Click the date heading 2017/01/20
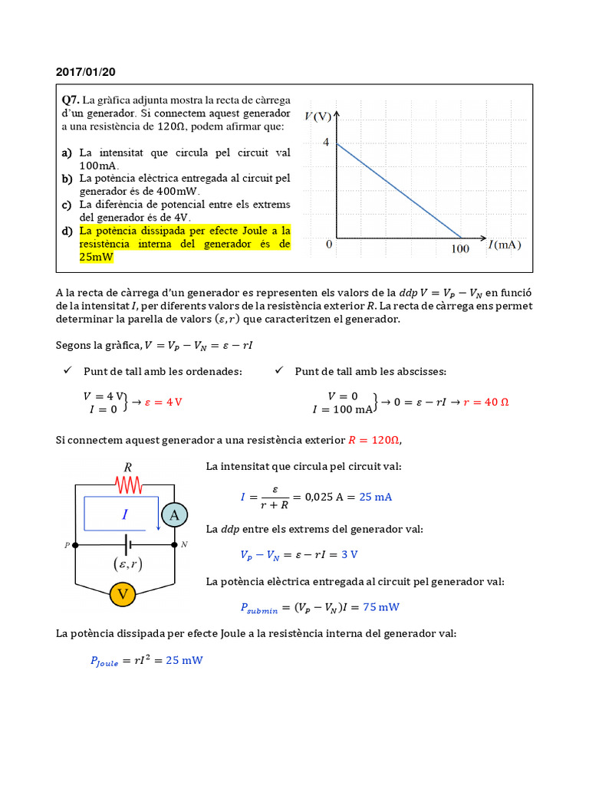click(86, 72)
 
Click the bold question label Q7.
click(71, 100)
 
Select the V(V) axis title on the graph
click(318, 117)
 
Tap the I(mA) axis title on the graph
click(504, 245)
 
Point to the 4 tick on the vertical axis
click(326, 143)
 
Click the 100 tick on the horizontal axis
click(460, 249)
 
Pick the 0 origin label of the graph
click(329, 245)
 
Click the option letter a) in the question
click(67, 153)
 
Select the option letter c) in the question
click(67, 205)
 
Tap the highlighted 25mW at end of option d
click(96, 258)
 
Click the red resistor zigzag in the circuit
click(129, 484)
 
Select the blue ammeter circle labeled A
click(174, 515)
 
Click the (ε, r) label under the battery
click(126, 565)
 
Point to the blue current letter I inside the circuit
click(125, 515)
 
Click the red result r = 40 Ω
click(486, 402)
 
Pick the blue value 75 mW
click(381, 606)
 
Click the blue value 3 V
click(350, 554)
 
